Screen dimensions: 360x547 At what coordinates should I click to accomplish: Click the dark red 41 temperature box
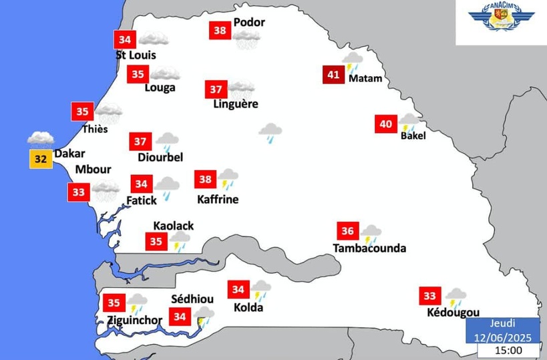coord(333,74)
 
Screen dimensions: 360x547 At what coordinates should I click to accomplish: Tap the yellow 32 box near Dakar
coord(40,159)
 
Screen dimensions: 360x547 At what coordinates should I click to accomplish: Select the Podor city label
coord(249,23)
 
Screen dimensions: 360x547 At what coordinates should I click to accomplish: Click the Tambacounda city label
coord(369,248)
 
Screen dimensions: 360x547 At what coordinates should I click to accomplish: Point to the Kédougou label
coord(453,313)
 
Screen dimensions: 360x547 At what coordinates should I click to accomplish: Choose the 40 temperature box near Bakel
coord(386,124)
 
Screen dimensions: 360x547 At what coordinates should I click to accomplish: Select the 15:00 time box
coord(508,349)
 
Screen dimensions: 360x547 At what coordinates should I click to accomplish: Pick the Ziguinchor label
coord(134,320)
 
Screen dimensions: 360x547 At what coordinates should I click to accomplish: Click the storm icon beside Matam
coord(352,62)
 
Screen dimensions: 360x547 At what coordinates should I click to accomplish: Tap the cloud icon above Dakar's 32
coord(40,139)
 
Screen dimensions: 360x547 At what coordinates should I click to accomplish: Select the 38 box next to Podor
coord(220,30)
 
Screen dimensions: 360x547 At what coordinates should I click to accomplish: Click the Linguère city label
coord(235,104)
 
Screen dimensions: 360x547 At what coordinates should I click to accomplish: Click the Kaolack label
coord(174,226)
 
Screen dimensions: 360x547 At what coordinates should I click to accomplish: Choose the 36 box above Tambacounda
coord(347,231)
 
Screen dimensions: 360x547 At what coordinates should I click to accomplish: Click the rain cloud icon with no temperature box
coord(270,132)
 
